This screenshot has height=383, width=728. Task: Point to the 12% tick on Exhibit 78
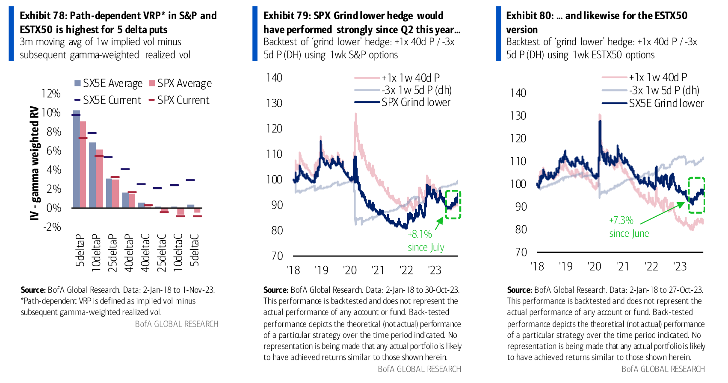click(51, 94)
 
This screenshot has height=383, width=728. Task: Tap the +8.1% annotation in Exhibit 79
click(420, 234)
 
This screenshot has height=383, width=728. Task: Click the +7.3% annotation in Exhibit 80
click(621, 220)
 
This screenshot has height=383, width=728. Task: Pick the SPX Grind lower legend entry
click(416, 103)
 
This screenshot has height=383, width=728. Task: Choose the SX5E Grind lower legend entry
click(666, 103)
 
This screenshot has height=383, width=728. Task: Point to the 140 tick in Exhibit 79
click(274, 77)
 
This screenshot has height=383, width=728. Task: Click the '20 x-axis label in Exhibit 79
click(350, 270)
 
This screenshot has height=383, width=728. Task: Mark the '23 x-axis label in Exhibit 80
click(680, 267)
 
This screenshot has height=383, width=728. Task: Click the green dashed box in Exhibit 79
click(453, 205)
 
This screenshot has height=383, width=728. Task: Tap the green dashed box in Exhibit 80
click(696, 195)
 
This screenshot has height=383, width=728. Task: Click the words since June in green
click(629, 233)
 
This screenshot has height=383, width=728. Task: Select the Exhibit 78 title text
click(118, 23)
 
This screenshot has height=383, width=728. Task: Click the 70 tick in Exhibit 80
click(521, 252)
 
